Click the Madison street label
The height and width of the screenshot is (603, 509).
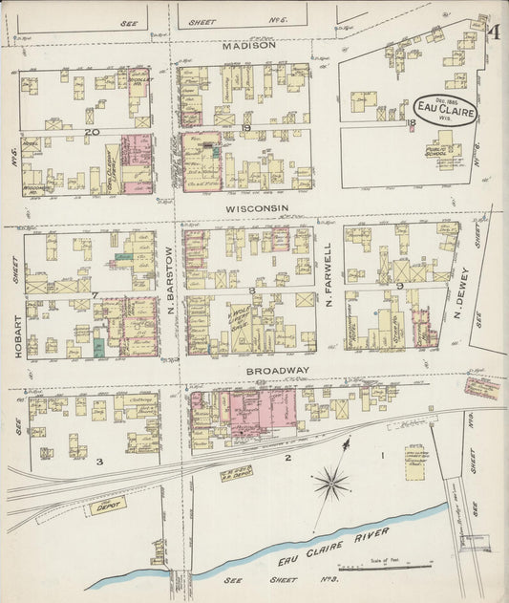point(249,45)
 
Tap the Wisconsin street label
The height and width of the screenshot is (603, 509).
point(257,207)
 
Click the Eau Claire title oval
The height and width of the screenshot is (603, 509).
point(447,112)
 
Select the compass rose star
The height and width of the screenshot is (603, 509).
point(331,483)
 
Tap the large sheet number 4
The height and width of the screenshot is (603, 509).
point(494,32)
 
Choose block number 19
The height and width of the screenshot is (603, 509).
point(245,128)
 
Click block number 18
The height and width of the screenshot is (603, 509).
point(411,122)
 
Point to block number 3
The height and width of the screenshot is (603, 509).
point(98,461)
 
